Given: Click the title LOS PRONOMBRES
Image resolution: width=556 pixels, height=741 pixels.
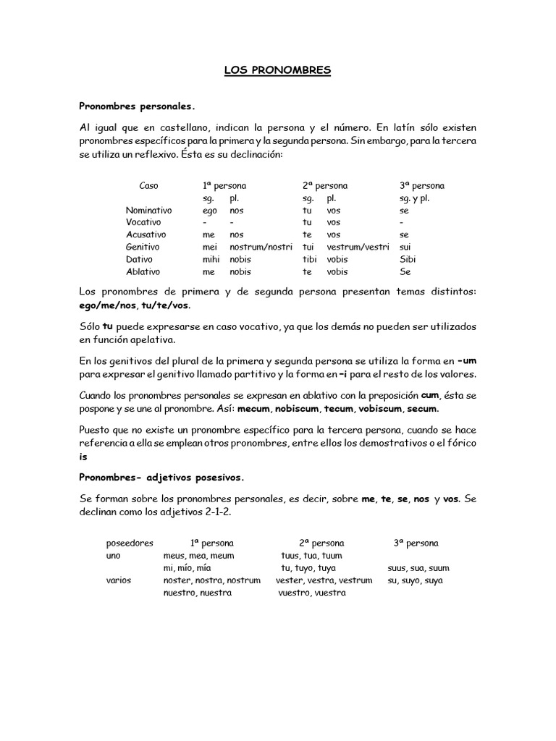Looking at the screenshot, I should [x=277, y=70].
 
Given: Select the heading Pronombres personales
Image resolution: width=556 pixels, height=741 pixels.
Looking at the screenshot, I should [x=137, y=106].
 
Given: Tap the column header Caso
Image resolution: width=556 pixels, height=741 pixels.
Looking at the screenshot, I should [x=148, y=186].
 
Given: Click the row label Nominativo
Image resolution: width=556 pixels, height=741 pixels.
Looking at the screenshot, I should [x=148, y=211].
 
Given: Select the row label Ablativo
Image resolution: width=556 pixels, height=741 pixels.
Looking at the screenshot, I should [x=143, y=271].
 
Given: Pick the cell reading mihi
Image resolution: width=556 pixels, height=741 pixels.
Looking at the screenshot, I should [x=211, y=259].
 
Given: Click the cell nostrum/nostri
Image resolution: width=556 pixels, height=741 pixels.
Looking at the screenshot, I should [x=259, y=247].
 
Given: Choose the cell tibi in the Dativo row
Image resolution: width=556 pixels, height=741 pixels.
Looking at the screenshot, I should [x=310, y=259].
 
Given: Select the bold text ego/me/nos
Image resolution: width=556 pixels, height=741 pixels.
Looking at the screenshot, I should [x=108, y=305].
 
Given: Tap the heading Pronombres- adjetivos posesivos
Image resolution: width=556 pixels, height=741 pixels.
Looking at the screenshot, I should [x=161, y=478].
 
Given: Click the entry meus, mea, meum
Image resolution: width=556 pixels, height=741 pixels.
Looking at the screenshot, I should [x=199, y=555].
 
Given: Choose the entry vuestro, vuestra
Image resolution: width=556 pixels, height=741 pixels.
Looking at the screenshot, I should [x=312, y=593].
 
